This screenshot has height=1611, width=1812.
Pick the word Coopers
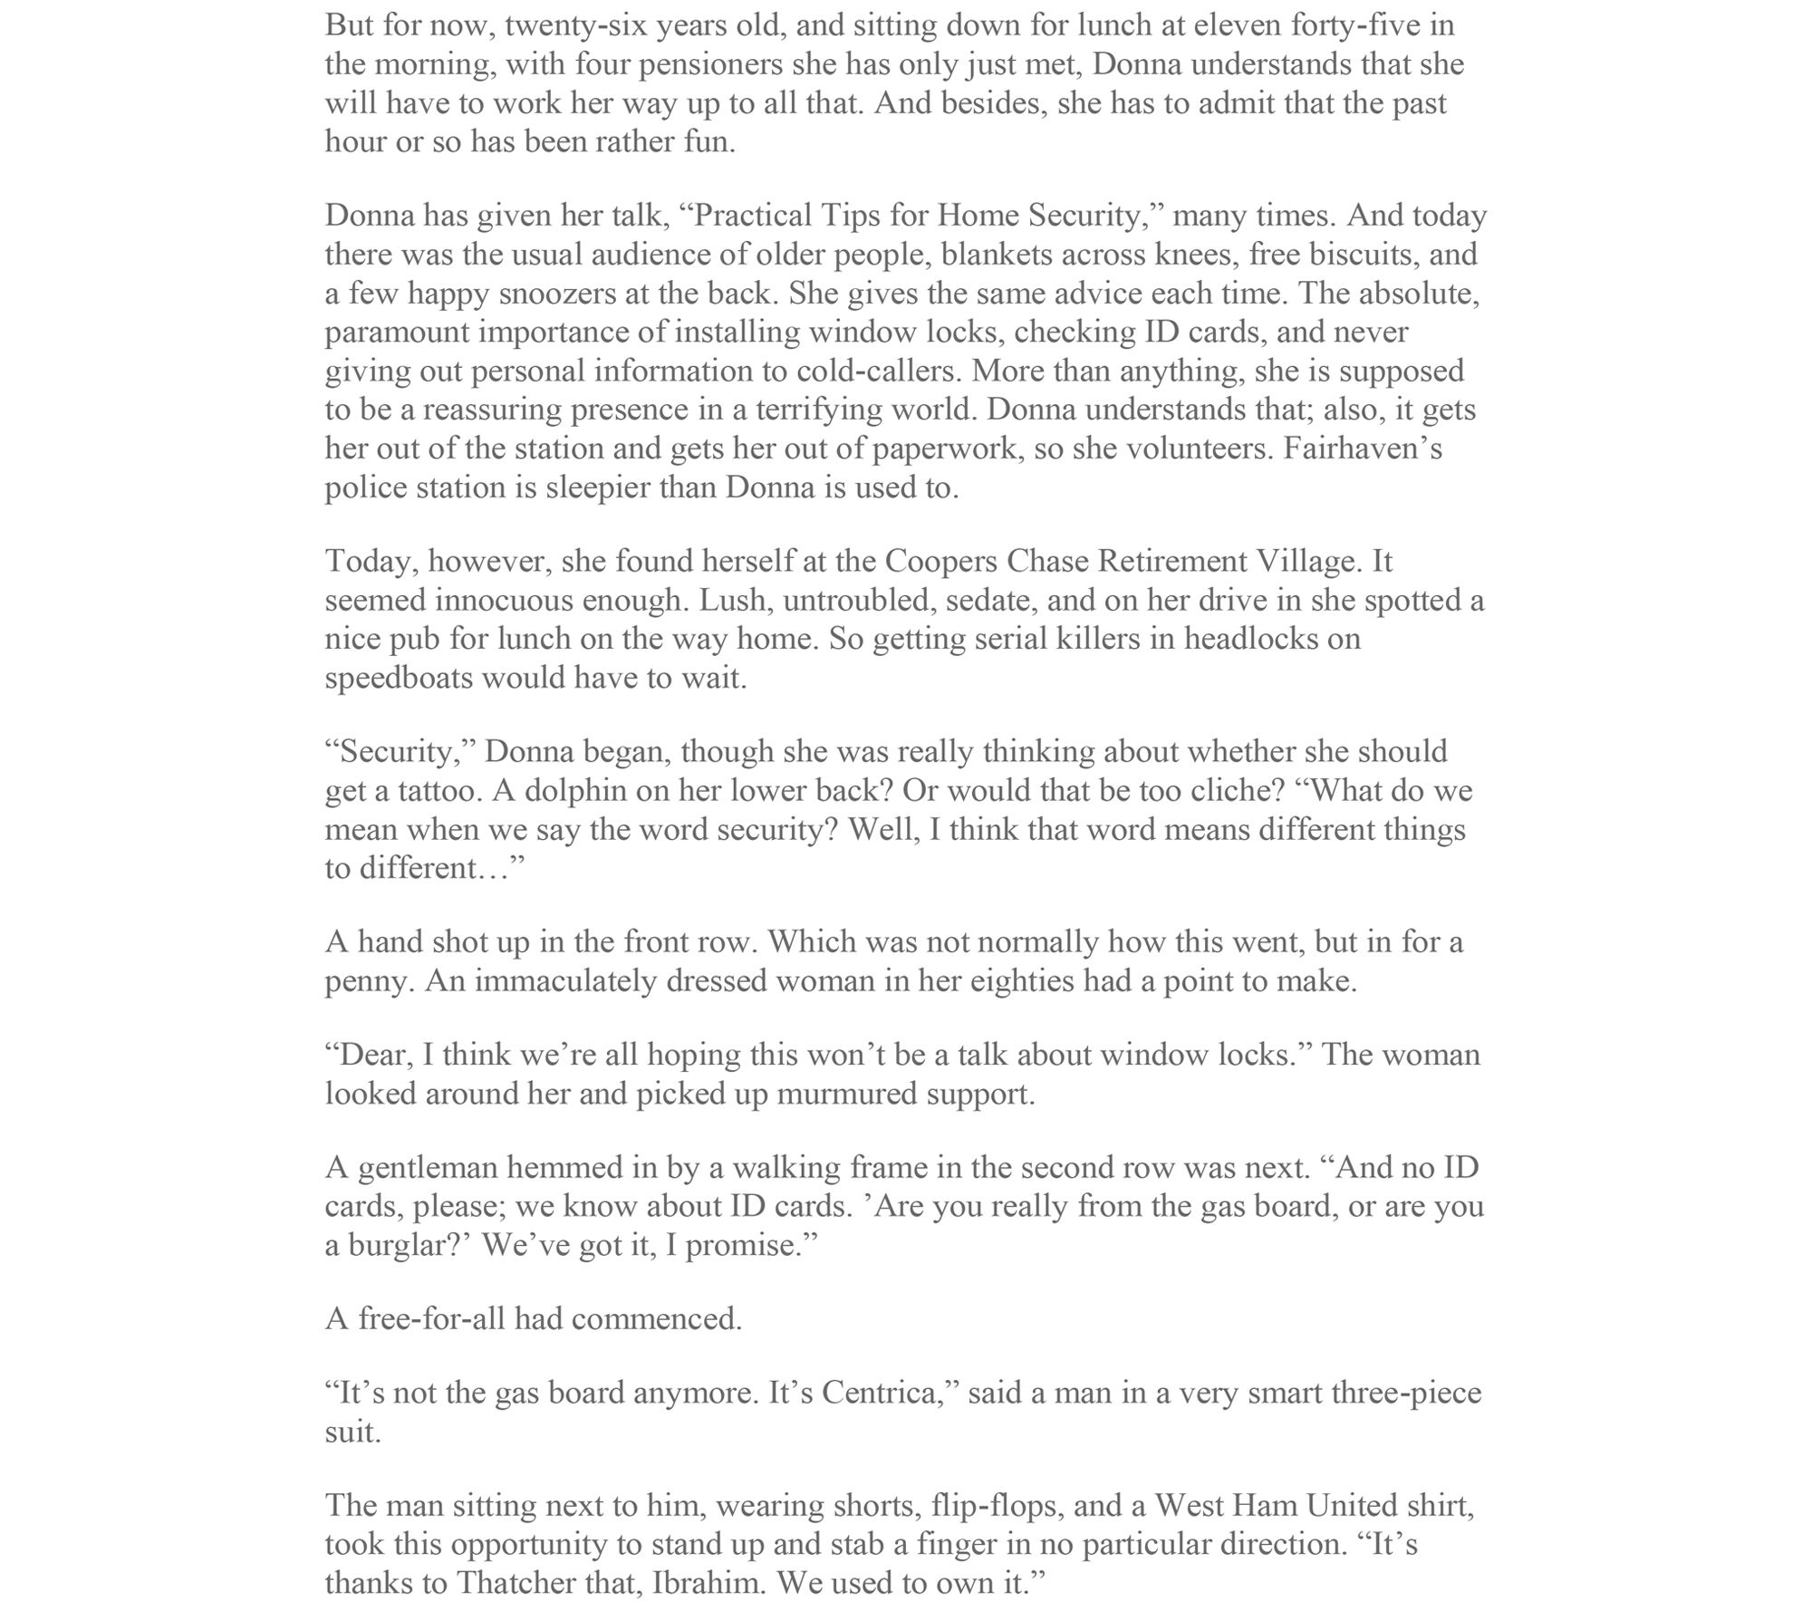pos(940,562)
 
